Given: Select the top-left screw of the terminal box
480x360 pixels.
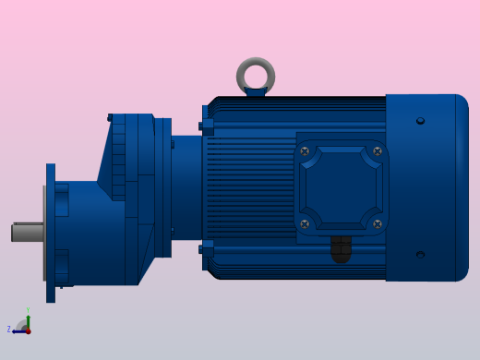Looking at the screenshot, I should point(305,151).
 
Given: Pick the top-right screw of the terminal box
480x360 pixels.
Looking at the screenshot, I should point(377,151).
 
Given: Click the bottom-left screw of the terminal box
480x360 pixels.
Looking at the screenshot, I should point(305,223).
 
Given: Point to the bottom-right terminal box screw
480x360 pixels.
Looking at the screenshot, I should point(377,223).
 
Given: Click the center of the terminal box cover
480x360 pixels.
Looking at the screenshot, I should point(341,187).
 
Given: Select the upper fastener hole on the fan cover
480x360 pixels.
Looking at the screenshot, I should point(420,121).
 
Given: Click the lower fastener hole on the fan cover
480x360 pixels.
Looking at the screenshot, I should point(420,255).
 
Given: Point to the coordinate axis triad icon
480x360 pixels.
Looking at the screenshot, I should point(24,326).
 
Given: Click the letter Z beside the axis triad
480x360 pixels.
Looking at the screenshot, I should point(9,330).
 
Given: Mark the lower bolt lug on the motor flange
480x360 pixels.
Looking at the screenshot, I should point(207,248).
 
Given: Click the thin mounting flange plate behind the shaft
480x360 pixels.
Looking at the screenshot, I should point(51,233).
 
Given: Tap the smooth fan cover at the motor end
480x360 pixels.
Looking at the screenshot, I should point(426,187).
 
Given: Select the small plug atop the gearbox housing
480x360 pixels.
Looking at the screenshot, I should point(110,117).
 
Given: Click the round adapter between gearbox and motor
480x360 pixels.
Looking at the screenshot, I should point(186,187).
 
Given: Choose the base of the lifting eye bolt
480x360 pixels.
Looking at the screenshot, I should point(256,91).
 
